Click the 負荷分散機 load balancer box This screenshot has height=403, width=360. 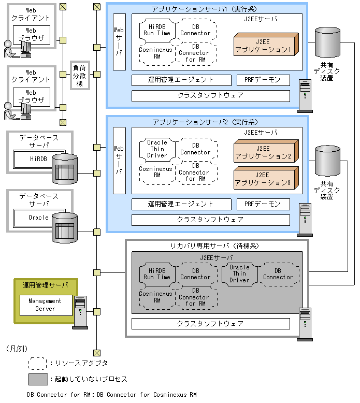tap(79, 75)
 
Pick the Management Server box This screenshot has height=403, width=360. tap(45, 305)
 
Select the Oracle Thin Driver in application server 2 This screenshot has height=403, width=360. tap(157, 149)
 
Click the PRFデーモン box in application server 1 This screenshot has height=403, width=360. tap(263, 80)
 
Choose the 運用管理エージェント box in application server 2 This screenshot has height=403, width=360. tap(181, 204)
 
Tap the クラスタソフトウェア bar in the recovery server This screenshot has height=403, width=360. tap(210, 323)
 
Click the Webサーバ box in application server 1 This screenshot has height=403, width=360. tap(119, 41)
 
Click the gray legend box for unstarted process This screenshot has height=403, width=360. tap(38, 379)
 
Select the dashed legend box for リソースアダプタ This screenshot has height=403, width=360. tap(38, 363)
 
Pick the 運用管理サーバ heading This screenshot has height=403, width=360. tap(46, 285)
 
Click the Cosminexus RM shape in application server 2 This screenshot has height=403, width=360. tap(157, 171)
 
